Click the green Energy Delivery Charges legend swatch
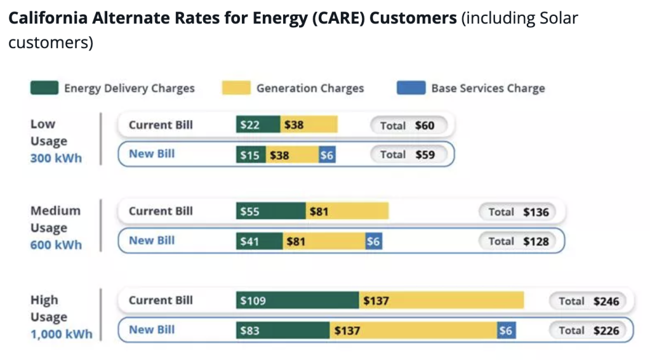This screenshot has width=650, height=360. click(x=44, y=88)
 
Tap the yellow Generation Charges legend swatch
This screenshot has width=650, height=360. click(x=236, y=88)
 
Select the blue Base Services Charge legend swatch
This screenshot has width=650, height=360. click(x=411, y=88)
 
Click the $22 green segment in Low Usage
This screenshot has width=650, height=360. click(x=258, y=125)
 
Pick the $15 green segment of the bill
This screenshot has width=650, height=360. click(x=251, y=155)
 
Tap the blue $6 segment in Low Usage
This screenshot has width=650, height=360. click(x=326, y=155)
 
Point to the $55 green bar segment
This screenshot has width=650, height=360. click(x=270, y=211)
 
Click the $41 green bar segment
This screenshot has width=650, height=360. click(x=259, y=241)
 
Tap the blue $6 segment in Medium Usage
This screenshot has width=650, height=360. click(x=374, y=241)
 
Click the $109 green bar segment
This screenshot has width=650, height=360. click(x=297, y=300)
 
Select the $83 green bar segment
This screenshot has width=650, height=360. click(x=282, y=330)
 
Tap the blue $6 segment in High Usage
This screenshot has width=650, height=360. click(x=506, y=330)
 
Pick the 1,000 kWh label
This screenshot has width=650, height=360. click(x=62, y=334)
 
